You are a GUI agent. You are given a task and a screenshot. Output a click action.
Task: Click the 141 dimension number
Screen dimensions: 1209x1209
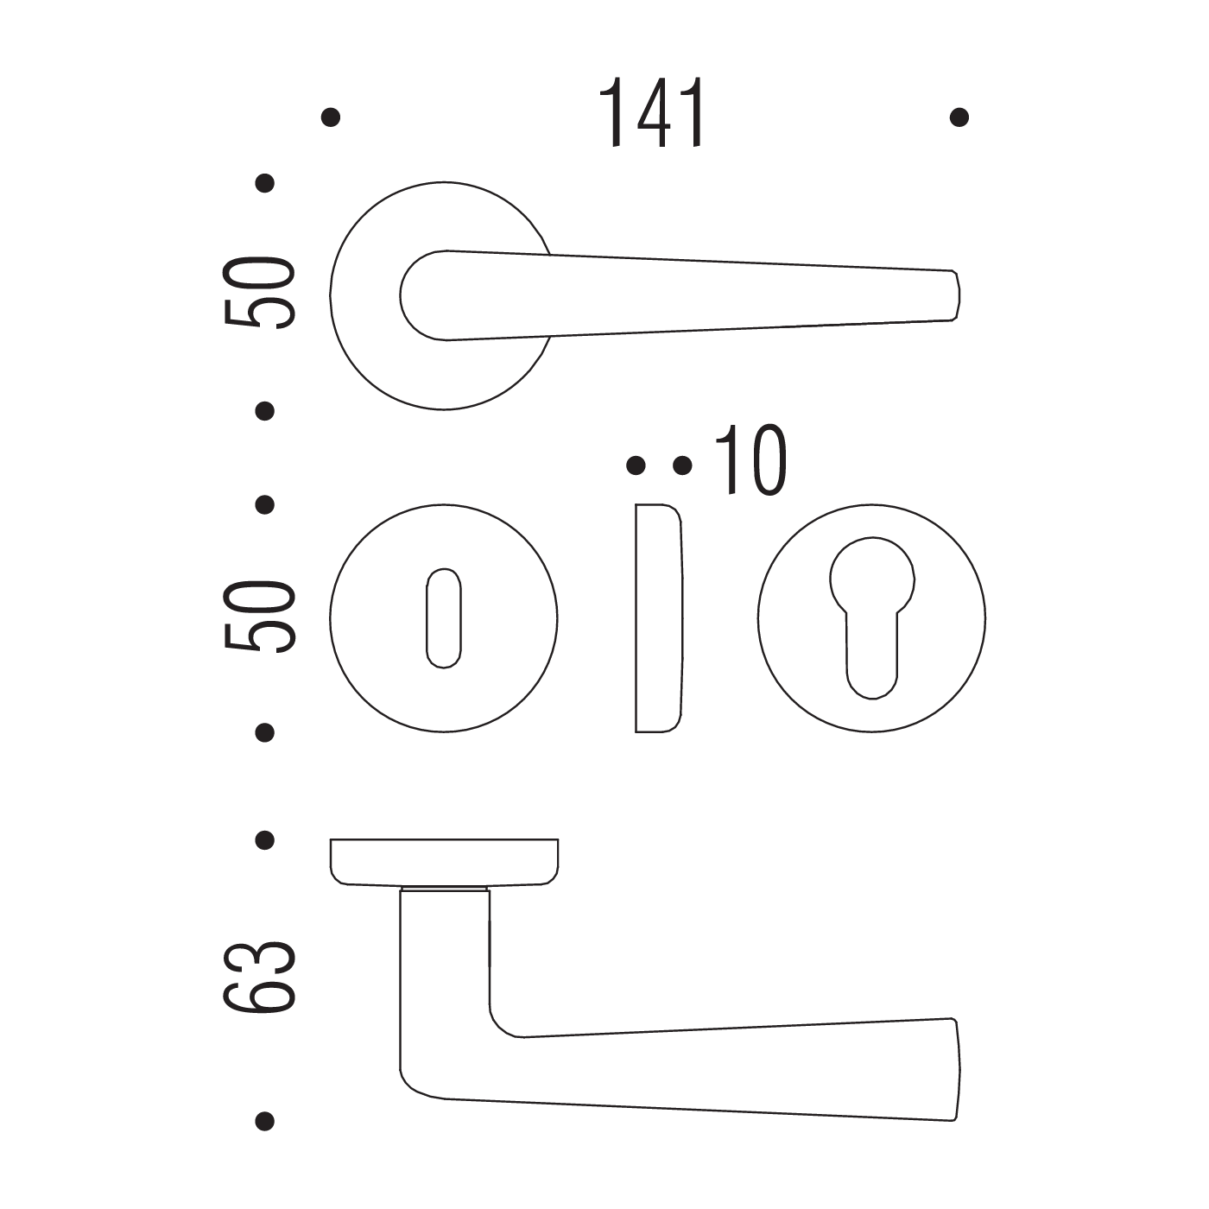pos(653,113)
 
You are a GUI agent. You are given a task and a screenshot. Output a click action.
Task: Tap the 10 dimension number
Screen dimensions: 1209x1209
pos(751,459)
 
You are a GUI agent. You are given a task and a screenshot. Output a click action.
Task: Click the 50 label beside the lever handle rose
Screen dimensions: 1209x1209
pos(259,293)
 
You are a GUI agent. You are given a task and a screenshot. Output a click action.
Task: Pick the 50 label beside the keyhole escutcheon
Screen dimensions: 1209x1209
pos(259,617)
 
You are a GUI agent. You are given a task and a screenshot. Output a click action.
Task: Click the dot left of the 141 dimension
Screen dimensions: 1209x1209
pos(331,117)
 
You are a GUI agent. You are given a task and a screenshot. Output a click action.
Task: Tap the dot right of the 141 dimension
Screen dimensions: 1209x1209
pos(959,117)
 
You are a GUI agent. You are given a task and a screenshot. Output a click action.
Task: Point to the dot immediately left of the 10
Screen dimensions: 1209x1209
pos(682,465)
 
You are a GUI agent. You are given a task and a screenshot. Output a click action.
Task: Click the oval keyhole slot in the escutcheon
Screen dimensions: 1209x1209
pos(444,618)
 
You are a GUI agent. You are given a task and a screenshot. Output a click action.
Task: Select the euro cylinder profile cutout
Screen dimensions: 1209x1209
pos(872,618)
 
